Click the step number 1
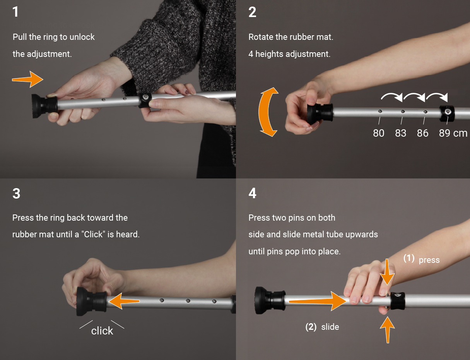(x=15, y=12)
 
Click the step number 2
(x=252, y=12)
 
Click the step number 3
(x=16, y=194)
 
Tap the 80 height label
(x=378, y=133)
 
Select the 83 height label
(x=401, y=133)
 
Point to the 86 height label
(x=423, y=133)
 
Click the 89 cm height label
(x=453, y=133)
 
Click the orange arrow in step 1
(x=28, y=79)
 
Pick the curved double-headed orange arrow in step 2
(x=268, y=112)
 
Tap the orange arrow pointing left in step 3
(x=123, y=301)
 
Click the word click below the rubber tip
(x=102, y=331)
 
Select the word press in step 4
(x=429, y=260)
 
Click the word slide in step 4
(x=330, y=327)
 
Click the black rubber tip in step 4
(x=268, y=301)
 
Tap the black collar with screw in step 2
(x=447, y=113)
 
